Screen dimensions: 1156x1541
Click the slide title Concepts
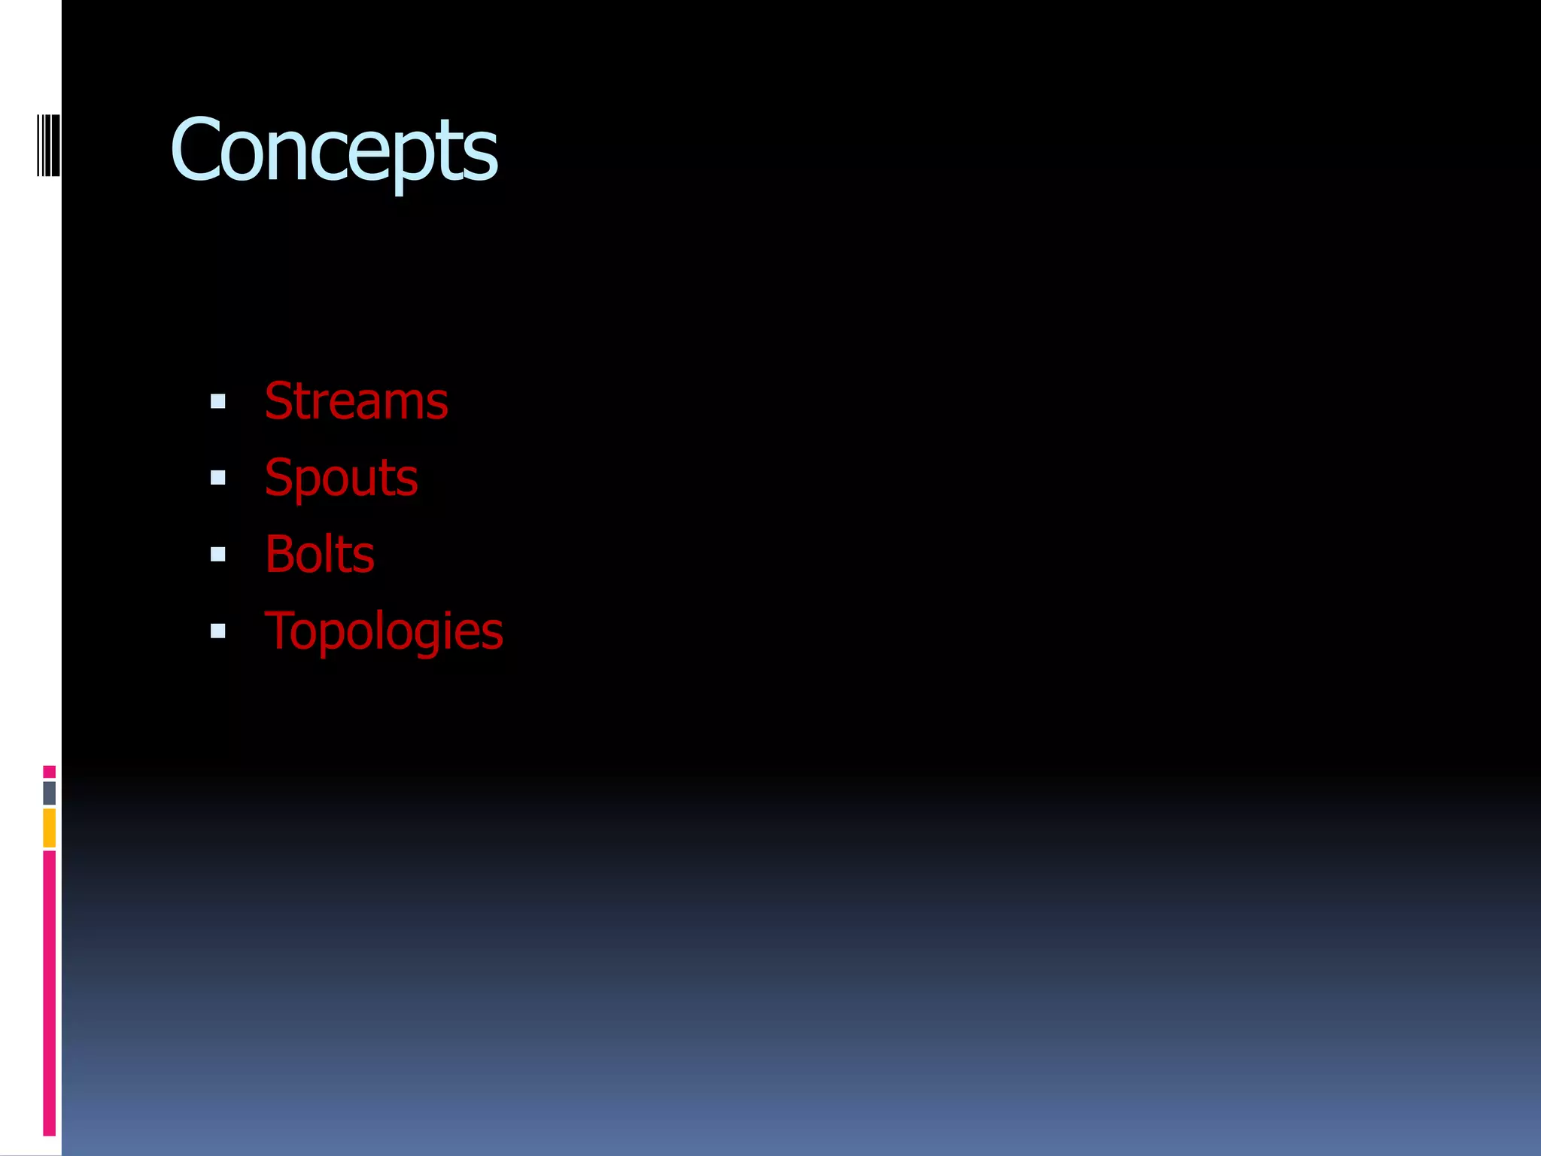(x=333, y=150)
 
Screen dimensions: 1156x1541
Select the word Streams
(x=356, y=401)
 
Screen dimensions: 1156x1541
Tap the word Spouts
(x=341, y=478)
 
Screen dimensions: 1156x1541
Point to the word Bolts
(x=319, y=555)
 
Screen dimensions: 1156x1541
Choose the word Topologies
(x=384, y=631)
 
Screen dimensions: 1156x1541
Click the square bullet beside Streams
(x=218, y=402)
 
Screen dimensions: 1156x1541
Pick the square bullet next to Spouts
(x=218, y=478)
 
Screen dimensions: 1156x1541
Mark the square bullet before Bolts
(x=218, y=555)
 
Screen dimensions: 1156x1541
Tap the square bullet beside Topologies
(x=218, y=631)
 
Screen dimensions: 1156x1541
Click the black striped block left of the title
(x=49, y=145)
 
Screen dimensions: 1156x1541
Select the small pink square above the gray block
(x=49, y=771)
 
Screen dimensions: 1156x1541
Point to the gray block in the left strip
(x=49, y=792)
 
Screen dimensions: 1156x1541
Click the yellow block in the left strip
(x=49, y=828)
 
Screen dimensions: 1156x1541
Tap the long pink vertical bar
(x=49, y=993)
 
